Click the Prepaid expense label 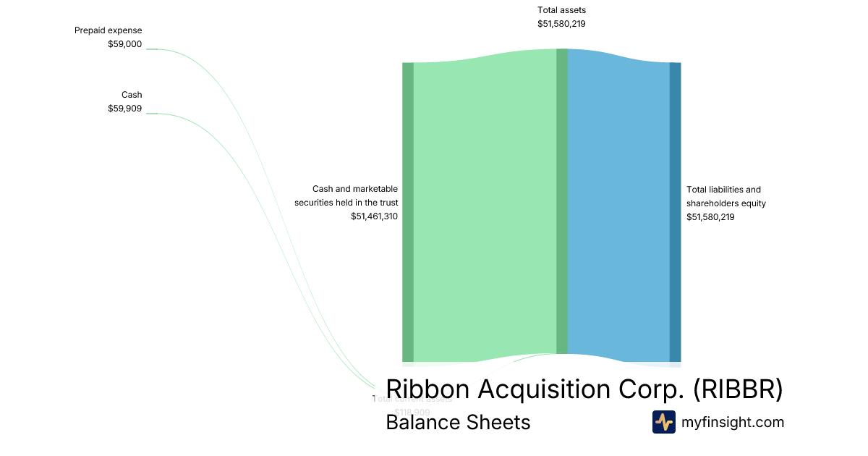[x=109, y=30]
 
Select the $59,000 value [x=125, y=44]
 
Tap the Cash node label [x=132, y=95]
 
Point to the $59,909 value [x=125, y=109]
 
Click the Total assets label [x=561, y=10]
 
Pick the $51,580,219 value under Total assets [x=561, y=24]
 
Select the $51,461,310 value [x=374, y=216]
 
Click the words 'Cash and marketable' [x=354, y=189]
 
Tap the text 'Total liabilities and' [x=723, y=190]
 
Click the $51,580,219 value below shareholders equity [x=710, y=217]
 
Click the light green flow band [x=485, y=210]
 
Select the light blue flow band [x=618, y=210]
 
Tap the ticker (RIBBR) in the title [x=738, y=389]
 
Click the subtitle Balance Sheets [x=458, y=423]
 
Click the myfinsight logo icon [x=663, y=422]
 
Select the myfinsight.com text [x=733, y=423]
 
